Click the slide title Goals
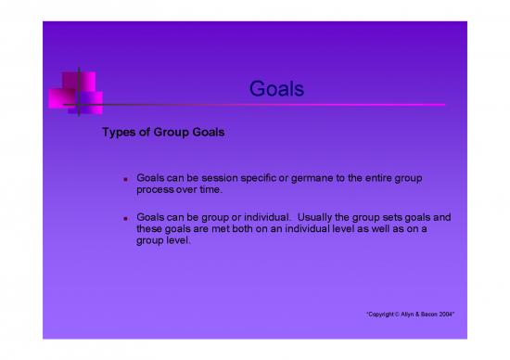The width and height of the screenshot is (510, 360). coord(277,89)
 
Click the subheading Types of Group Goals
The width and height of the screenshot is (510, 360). coord(163,133)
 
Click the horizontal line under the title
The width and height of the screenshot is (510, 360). coord(278,105)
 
